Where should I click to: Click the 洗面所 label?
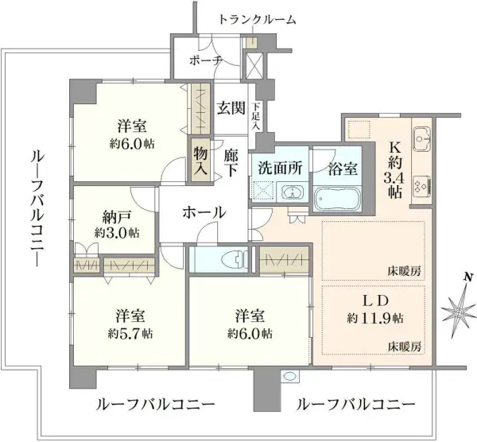click(277, 169)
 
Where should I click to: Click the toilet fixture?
click(225, 258)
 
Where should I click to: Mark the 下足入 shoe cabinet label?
click(256, 116)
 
